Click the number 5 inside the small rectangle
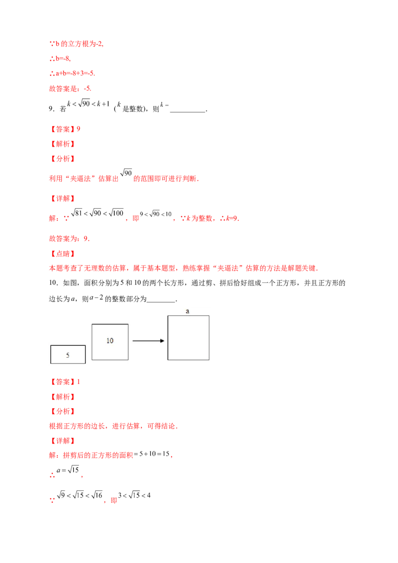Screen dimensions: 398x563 [68, 355]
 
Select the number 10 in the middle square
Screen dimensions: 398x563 [110, 341]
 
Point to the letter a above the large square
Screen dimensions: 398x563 [188, 311]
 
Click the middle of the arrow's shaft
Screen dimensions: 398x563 [147, 341]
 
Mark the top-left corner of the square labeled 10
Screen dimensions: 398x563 [92, 324]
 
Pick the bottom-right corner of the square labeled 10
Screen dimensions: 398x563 [128, 360]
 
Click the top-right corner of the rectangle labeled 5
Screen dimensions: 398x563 [85, 345]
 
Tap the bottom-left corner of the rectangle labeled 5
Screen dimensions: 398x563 [51, 363]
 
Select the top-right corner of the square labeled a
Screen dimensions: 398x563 [209, 316]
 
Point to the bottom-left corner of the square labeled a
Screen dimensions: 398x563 [168, 360]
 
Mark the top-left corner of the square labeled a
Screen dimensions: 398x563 [168, 316]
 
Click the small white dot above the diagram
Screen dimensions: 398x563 [101, 292]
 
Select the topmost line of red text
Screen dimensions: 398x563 [76, 44]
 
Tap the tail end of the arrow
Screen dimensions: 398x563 [133, 341]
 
